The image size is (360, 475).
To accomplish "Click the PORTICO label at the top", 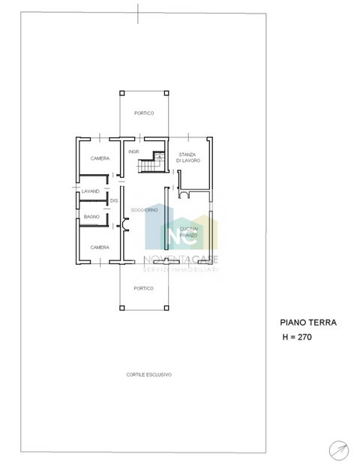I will [144, 113].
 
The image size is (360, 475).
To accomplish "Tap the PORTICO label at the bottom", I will [144, 288].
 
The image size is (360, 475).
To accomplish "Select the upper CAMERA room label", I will [100, 158].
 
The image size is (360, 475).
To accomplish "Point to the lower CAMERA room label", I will [100, 247].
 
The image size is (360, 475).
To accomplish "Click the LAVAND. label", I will [91, 191].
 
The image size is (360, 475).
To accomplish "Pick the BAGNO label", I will [91, 216].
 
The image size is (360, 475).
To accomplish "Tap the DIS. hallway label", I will [114, 201].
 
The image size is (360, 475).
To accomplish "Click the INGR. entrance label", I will [133, 152].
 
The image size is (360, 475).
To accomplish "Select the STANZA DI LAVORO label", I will [187, 158].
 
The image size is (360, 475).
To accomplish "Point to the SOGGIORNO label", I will [144, 209].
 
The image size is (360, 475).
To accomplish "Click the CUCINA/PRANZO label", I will [188, 232].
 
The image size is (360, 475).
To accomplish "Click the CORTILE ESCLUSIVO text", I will [149, 374].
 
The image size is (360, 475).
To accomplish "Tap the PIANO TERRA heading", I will [308, 323].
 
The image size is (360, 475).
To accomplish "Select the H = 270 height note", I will [296, 338].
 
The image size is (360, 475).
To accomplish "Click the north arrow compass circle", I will [338, 449].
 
